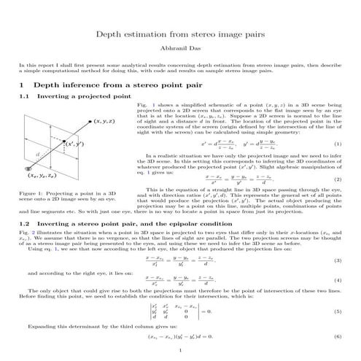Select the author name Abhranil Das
coord(180,49)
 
